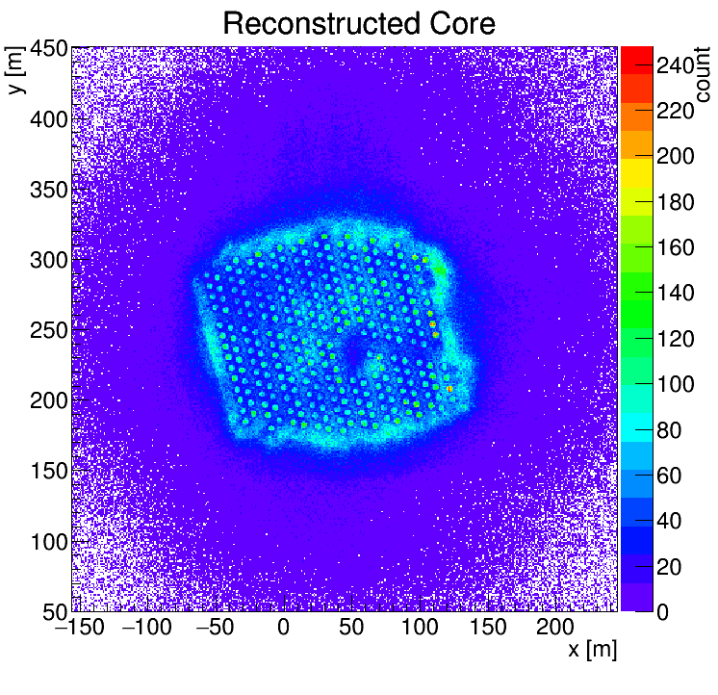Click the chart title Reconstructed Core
point(359,23)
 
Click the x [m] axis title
point(589,650)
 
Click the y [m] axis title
point(16,72)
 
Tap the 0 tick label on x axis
point(283,627)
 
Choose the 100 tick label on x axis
point(420,627)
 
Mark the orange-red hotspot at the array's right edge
point(449,389)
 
